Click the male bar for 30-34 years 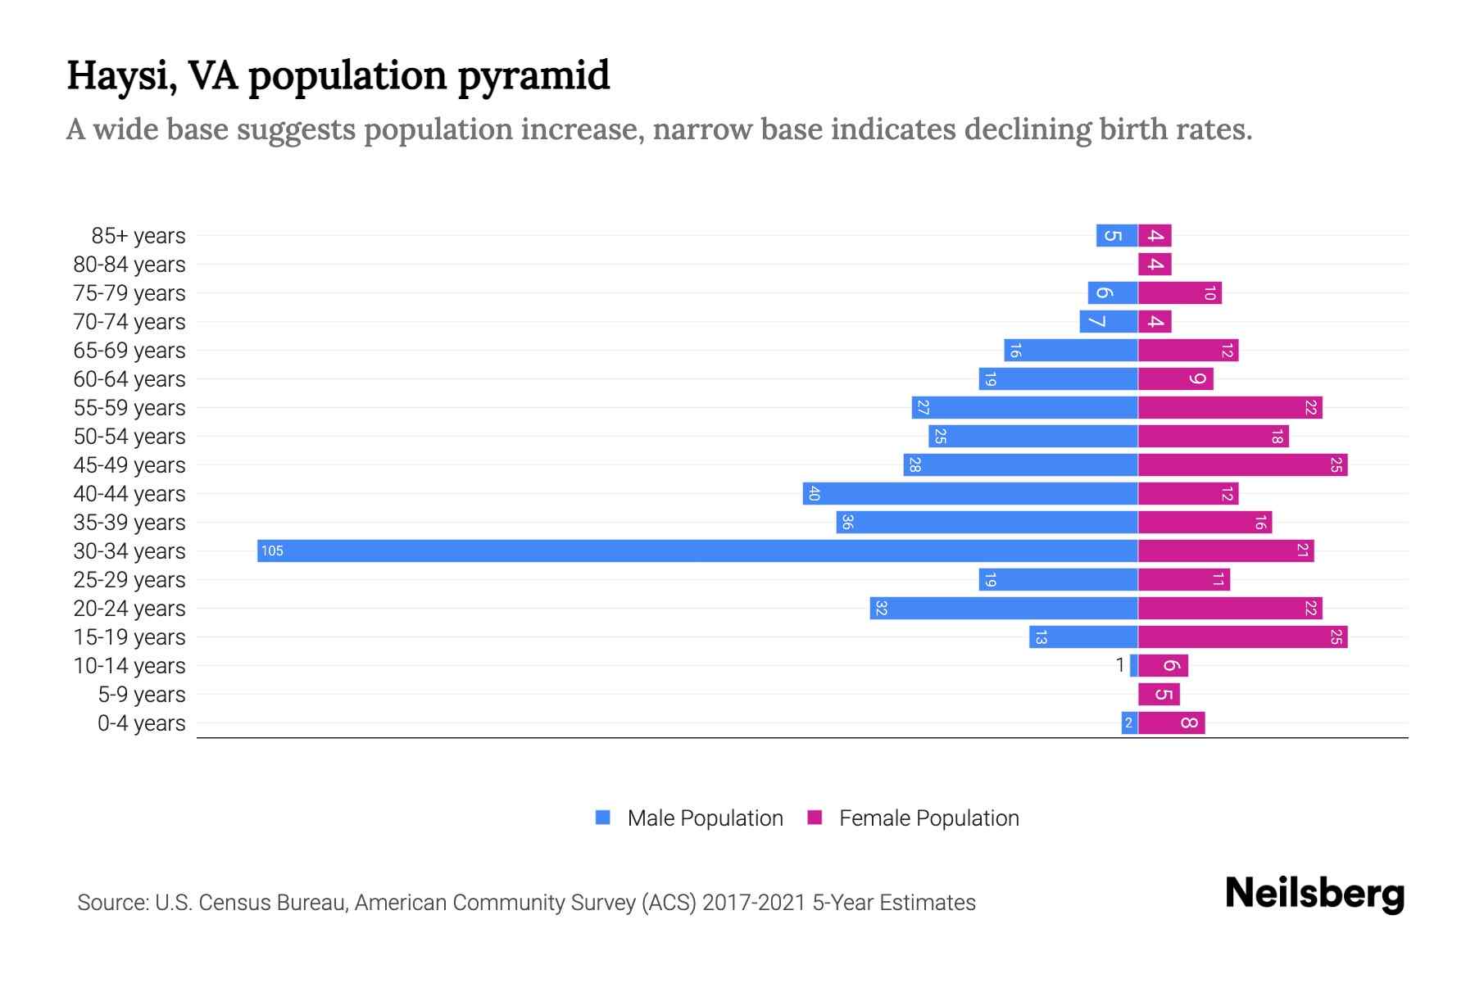[x=697, y=550]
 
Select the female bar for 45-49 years [x=1242, y=464]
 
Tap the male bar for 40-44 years [x=970, y=493]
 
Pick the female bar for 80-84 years [x=1155, y=264]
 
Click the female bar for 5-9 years [x=1159, y=694]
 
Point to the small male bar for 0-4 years [x=1129, y=723]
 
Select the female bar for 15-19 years [x=1242, y=636]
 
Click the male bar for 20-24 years [x=1004, y=608]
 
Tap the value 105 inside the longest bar [x=272, y=550]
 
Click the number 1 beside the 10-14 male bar [x=1120, y=665]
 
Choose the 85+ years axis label [x=138, y=236]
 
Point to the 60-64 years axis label [x=129, y=379]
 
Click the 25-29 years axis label [x=129, y=580]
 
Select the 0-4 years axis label [x=141, y=723]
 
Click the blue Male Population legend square [x=603, y=818]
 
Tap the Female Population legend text [x=928, y=818]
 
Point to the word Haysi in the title [x=120, y=76]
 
